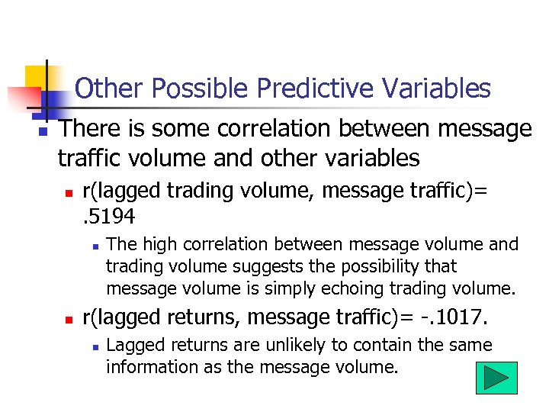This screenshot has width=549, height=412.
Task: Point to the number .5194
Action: tap(108, 217)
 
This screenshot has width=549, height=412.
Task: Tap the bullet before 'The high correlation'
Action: tap(94, 246)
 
